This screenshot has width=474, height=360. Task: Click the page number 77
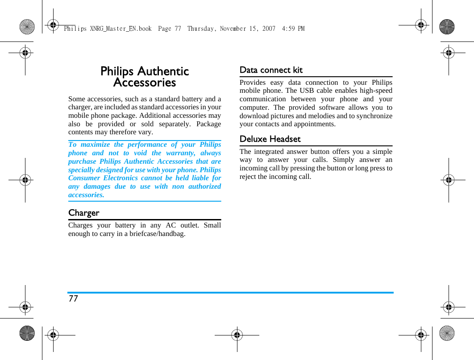(x=73, y=299)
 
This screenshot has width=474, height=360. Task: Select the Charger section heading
(x=84, y=213)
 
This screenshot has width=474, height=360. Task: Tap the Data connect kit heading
(x=271, y=70)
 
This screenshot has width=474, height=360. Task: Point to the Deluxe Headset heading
(x=270, y=139)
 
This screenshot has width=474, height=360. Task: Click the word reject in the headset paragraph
(x=249, y=177)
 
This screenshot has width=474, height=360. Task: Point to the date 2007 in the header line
(x=269, y=29)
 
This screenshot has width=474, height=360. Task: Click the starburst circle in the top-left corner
(x=27, y=27)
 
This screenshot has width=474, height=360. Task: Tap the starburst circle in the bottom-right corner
(x=447, y=333)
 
